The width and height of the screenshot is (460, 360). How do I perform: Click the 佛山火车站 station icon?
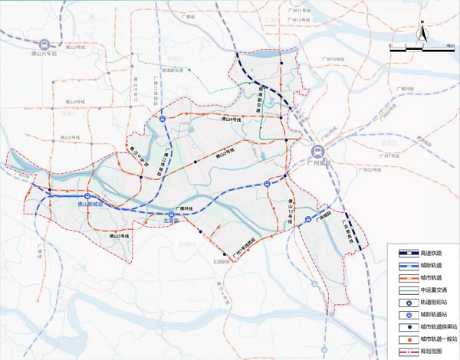pyautogui.click(x=47, y=44)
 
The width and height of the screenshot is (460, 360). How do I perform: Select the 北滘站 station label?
pyautogui.click(x=170, y=221)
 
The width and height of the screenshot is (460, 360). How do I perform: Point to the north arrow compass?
pyautogui.click(x=421, y=34)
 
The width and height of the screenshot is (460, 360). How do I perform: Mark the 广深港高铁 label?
pyautogui.click(x=347, y=230)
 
